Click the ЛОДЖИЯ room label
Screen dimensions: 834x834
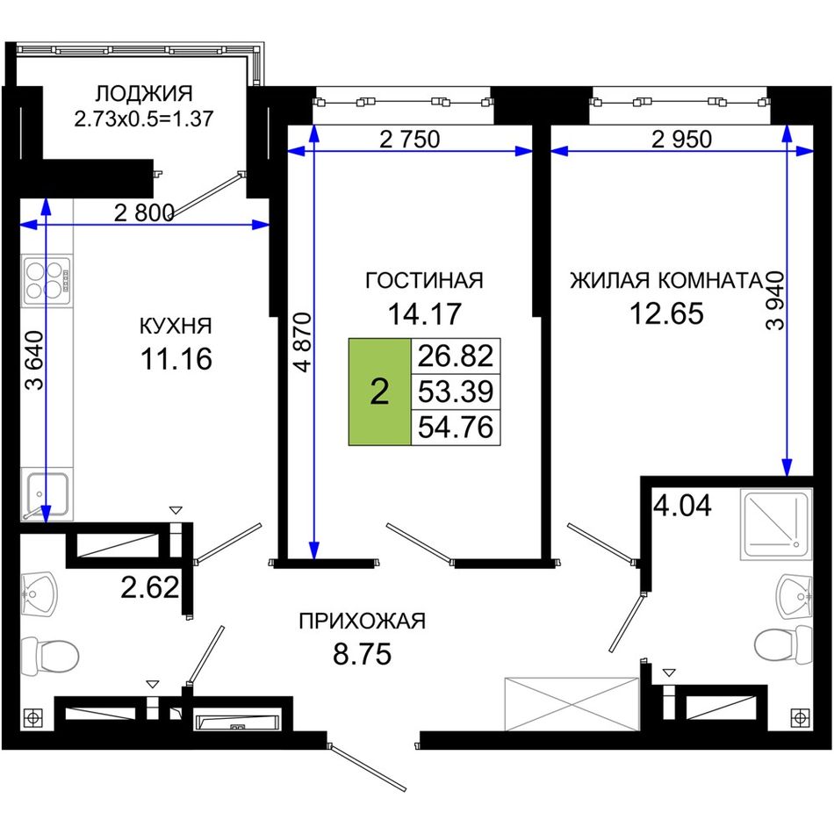tap(144, 94)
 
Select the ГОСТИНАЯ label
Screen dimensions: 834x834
tap(424, 280)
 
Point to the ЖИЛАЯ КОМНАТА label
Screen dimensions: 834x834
tap(666, 280)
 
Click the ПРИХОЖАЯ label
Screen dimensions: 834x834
tap(363, 621)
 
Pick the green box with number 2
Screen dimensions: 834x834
tap(380, 392)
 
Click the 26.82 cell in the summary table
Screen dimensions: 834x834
tap(456, 356)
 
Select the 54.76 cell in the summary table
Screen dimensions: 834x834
tap(456, 428)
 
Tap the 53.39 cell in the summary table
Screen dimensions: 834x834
tap(456, 392)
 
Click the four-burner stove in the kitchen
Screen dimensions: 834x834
tap(47, 280)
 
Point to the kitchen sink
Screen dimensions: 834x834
tap(45, 494)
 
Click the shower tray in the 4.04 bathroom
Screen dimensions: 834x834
tap(776, 525)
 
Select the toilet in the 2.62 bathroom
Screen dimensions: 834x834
tap(50, 657)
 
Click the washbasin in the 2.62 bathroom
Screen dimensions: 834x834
tap(39, 593)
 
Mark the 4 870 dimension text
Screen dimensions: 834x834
tap(302, 342)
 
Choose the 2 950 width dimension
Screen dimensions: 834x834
tap(681, 140)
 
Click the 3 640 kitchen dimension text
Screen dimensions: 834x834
tap(35, 361)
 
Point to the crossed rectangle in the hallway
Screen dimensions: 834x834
tap(572, 704)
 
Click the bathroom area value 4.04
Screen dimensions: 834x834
tap(682, 506)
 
